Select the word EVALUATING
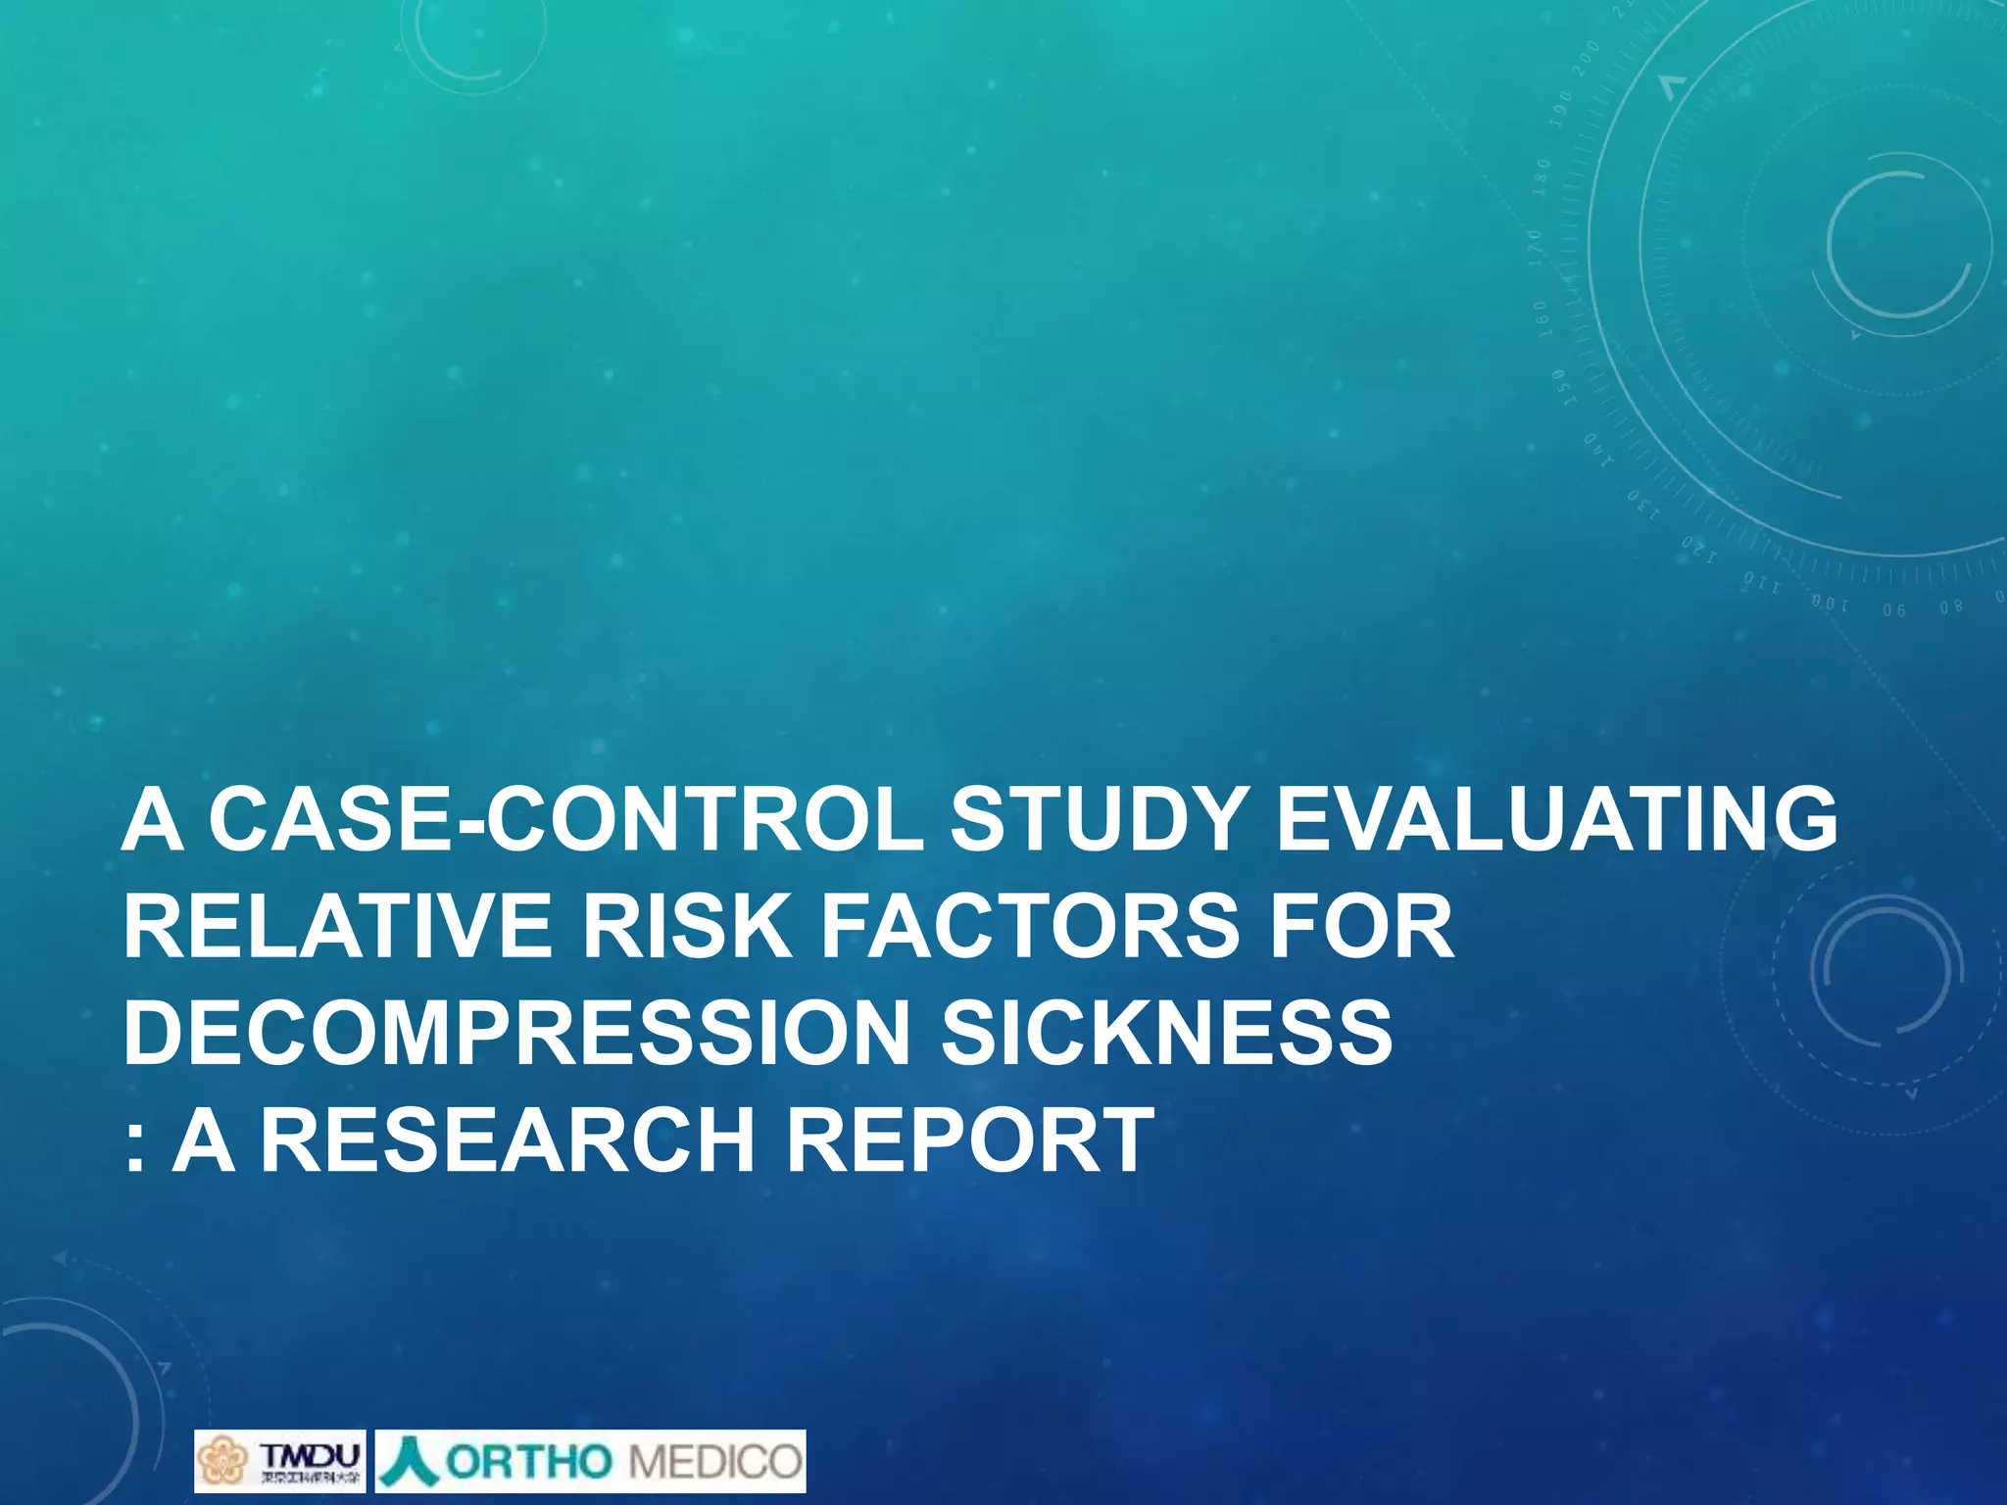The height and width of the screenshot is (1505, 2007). click(x=1556, y=820)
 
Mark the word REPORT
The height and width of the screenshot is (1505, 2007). click(x=970, y=1140)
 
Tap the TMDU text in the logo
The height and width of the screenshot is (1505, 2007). click(x=310, y=1452)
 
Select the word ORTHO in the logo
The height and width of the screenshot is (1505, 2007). click(x=529, y=1462)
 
